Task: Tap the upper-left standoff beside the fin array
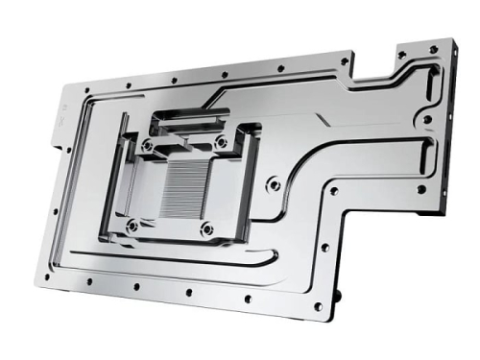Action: tap(148, 146)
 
